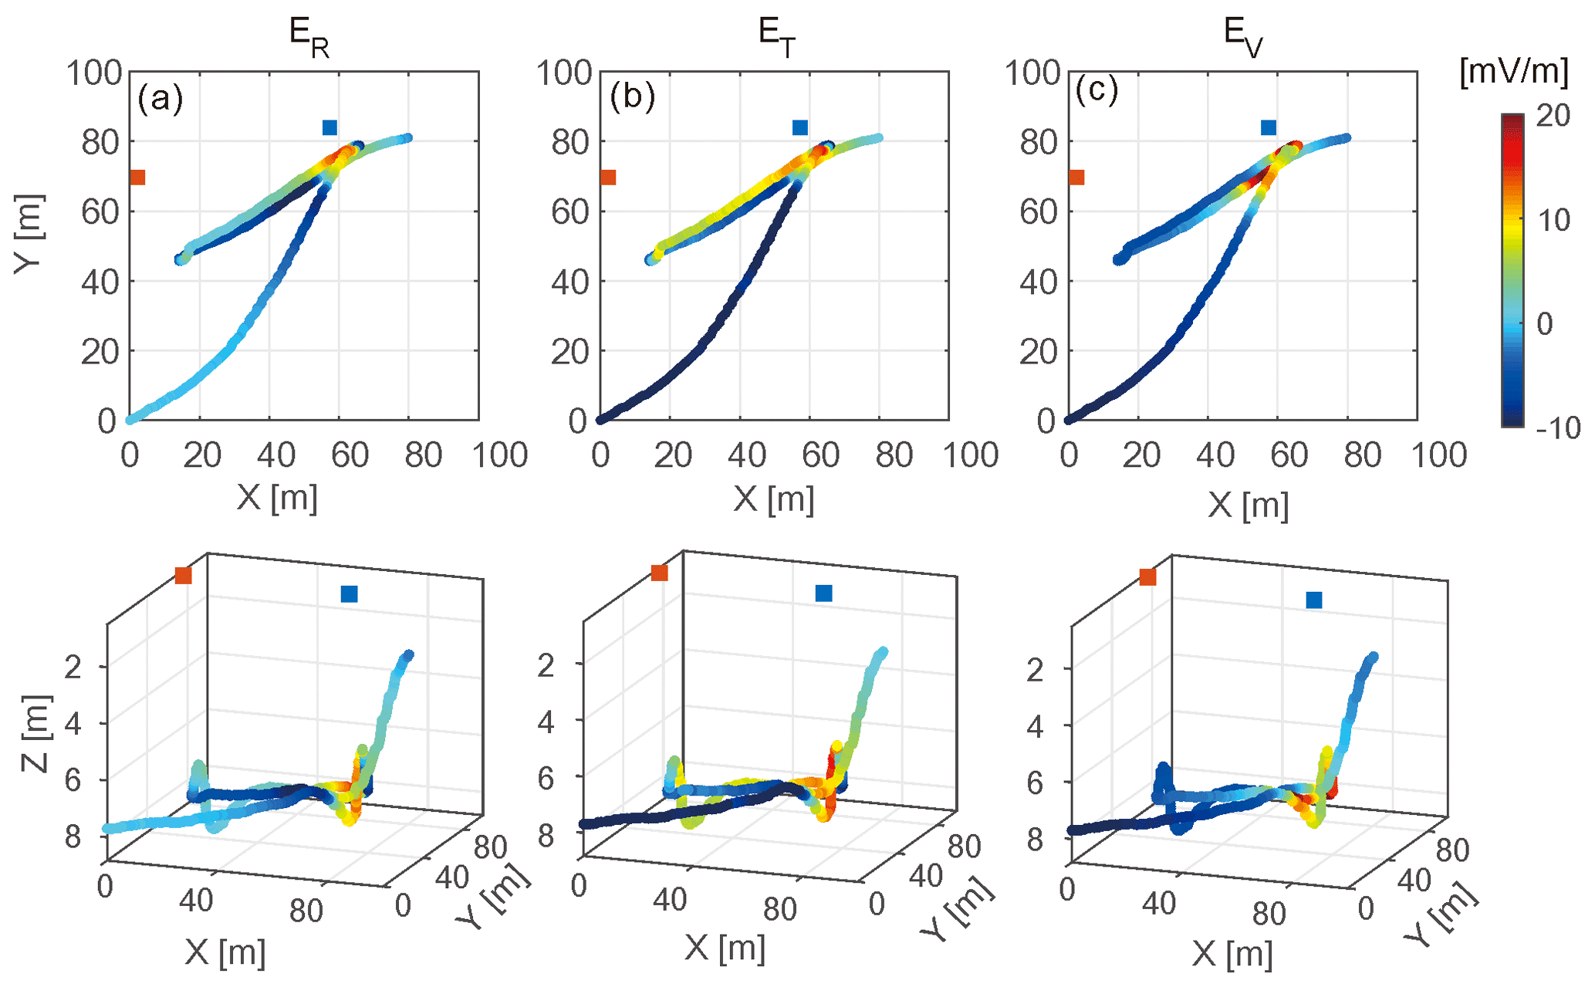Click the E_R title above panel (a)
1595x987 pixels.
309,37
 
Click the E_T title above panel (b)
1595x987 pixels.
776,37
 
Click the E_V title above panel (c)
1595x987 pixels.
1243,37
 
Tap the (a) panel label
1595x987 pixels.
160,98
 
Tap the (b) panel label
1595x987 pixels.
631,97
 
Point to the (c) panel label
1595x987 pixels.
1097,91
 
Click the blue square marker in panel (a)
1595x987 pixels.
329,127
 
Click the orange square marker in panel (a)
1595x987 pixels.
137,177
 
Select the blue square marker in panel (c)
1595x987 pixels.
1269,127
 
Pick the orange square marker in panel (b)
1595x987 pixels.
608,177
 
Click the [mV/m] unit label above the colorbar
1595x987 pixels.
1514,72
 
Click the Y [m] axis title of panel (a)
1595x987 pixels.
29,233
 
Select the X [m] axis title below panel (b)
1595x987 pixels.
773,499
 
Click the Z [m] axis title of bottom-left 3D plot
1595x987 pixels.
35,734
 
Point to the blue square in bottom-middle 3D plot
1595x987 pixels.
823,593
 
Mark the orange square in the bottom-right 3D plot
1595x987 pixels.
1147,577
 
